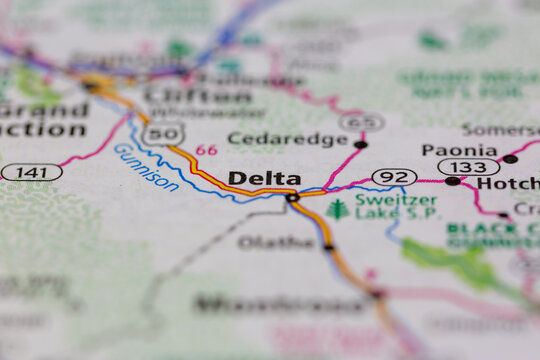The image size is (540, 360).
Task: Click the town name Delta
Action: pyautogui.click(x=264, y=178)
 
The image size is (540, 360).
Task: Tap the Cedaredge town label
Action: pyautogui.click(x=287, y=139)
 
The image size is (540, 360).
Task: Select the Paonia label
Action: pyautogui.click(x=459, y=150)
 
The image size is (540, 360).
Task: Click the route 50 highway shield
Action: pyautogui.click(x=164, y=133)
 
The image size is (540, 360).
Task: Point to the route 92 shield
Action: pyautogui.click(x=394, y=177)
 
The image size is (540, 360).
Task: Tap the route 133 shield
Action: pyautogui.click(x=468, y=167)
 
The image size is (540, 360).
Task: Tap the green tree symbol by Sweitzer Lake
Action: pyautogui.click(x=337, y=208)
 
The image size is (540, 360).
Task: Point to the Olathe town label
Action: pyautogui.click(x=276, y=242)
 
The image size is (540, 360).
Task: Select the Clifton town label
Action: pyautogui.click(x=198, y=96)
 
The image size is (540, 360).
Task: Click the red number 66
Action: pyautogui.click(x=206, y=150)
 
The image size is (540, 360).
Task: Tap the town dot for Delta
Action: pyautogui.click(x=292, y=197)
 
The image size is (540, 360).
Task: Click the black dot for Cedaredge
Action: pyautogui.click(x=360, y=144)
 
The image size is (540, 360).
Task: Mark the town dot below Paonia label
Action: pyautogui.click(x=453, y=181)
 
